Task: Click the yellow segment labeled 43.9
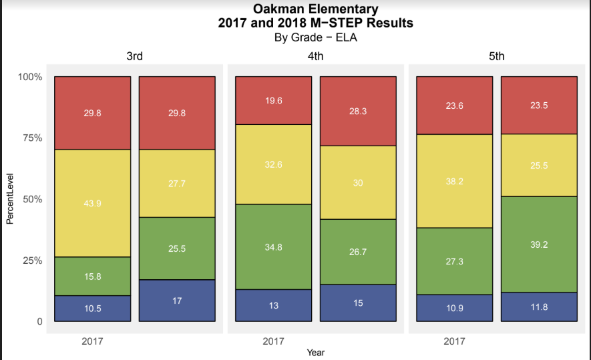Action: [x=92, y=203]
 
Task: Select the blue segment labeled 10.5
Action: [x=92, y=308]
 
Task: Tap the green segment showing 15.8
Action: [x=92, y=276]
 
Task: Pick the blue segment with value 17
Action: [x=177, y=301]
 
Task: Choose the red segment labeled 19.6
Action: [x=273, y=100]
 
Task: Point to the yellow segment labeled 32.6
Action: [x=273, y=164]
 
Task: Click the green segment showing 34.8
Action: [x=273, y=246]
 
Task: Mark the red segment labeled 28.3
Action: [x=358, y=111]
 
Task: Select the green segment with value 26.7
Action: [x=358, y=252]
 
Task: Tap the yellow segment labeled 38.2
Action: [x=454, y=181]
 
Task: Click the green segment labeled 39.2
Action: [x=539, y=244]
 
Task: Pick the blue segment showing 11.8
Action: [x=539, y=307]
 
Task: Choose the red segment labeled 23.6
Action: [x=454, y=106]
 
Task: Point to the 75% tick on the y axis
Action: [x=31, y=138]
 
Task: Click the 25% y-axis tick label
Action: [x=31, y=260]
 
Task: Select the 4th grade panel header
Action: [x=315, y=57]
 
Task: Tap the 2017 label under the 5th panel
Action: [x=454, y=342]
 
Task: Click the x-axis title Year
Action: [x=315, y=352]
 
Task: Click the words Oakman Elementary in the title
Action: [x=315, y=9]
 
